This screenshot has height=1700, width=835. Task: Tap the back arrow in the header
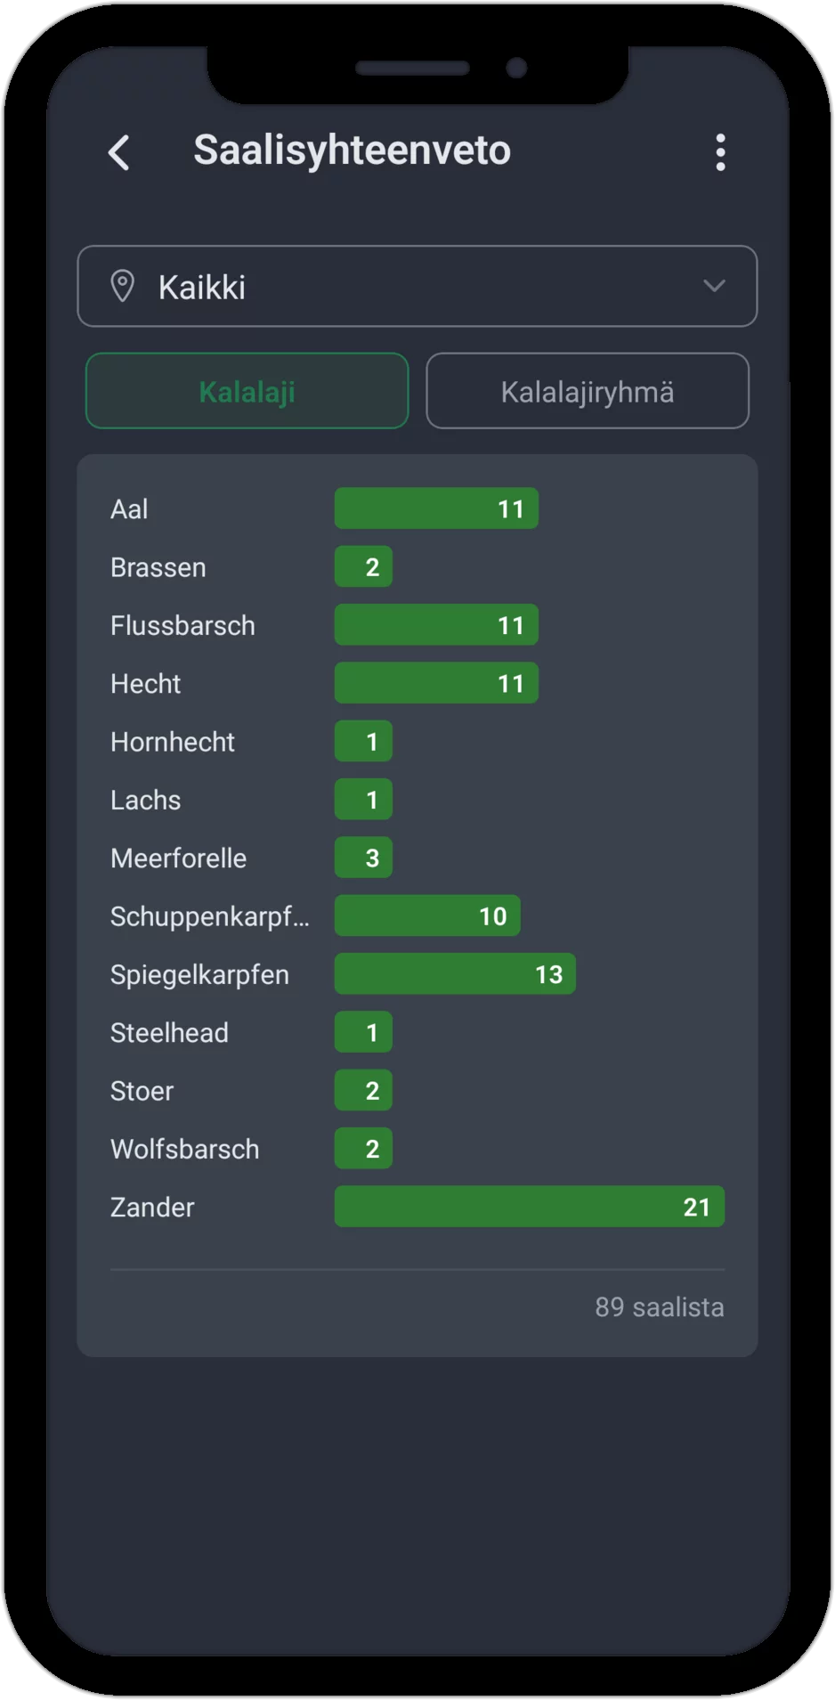pos(119,152)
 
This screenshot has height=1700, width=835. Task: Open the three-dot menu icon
pos(720,152)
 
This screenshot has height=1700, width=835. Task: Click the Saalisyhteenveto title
pos(353,150)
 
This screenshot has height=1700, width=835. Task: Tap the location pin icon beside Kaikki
pos(122,286)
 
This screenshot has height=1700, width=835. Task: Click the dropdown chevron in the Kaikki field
pos(714,286)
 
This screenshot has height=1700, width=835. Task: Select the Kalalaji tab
pos(247,391)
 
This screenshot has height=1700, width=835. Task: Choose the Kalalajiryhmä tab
pos(588,391)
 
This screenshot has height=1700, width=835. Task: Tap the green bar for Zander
pos(530,1207)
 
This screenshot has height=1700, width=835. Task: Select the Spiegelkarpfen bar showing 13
pos(455,974)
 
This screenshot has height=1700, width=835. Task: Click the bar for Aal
pos(436,508)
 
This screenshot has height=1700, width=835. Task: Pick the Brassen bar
pos(363,566)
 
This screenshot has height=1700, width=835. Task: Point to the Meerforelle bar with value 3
pos(363,858)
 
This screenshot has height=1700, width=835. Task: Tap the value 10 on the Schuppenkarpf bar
pos(493,916)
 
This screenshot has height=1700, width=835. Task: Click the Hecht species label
pos(146,683)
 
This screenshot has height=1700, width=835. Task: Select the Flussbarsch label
pos(182,625)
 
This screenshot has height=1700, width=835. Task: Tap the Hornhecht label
pos(173,742)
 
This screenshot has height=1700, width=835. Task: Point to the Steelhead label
pos(169,1032)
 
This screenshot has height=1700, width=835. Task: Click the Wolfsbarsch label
pos(185,1149)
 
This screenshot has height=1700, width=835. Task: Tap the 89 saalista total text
pos(660,1306)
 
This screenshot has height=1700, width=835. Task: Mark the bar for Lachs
pos(363,800)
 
